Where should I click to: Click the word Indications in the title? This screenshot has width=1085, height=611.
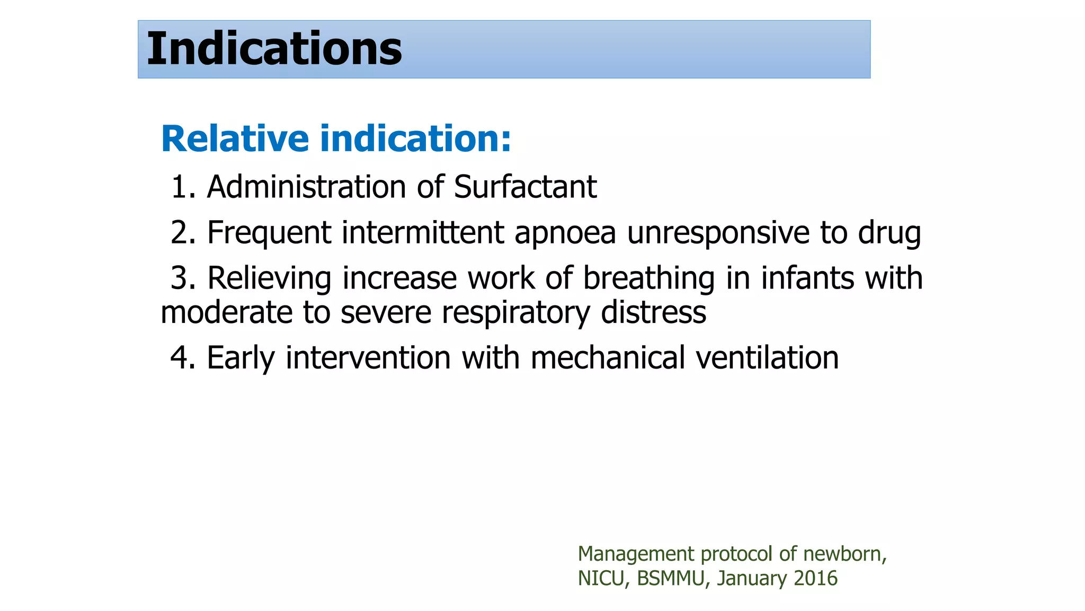274,49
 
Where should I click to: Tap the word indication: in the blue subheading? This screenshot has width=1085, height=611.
416,138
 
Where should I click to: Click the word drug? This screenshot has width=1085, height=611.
890,233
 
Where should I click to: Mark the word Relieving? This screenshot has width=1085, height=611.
269,278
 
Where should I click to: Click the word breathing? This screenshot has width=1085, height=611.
649,279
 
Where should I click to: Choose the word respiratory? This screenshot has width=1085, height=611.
515,313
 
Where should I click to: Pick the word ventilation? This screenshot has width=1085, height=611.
767,357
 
